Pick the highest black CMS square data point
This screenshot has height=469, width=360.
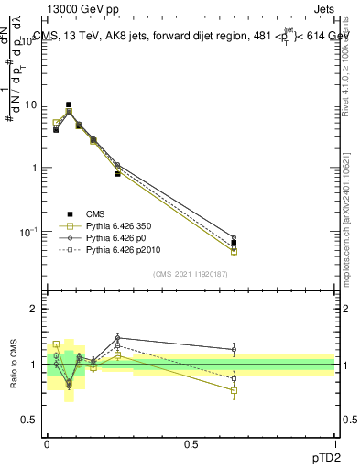point(69,105)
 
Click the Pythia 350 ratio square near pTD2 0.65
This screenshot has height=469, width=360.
point(234,390)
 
